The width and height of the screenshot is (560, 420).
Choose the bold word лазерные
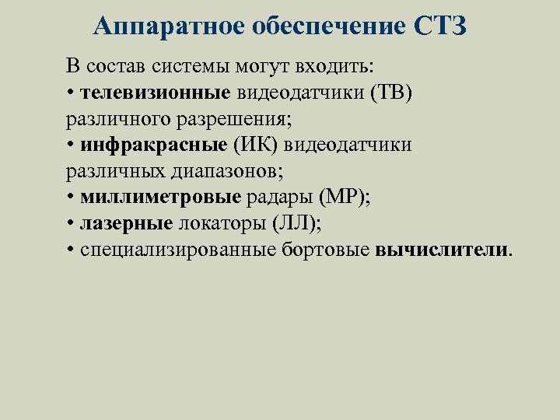click(x=126, y=224)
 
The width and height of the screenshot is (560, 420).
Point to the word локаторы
click(x=222, y=224)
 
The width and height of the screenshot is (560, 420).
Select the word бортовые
click(x=334, y=250)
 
